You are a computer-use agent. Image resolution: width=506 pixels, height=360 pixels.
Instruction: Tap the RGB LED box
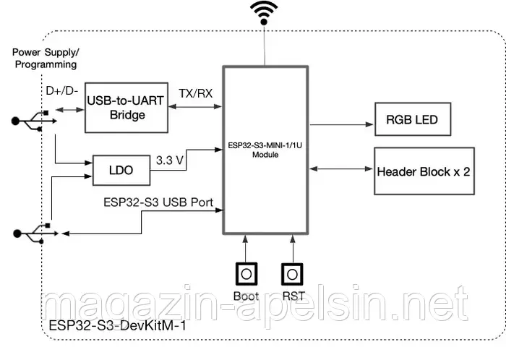411,119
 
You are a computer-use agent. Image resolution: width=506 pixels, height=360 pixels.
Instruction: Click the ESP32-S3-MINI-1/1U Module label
266,149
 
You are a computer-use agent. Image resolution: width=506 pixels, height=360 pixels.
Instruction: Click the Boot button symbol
246,275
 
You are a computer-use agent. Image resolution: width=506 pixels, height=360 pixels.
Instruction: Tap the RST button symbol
291,275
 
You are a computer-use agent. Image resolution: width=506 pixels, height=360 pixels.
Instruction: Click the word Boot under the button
246,295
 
